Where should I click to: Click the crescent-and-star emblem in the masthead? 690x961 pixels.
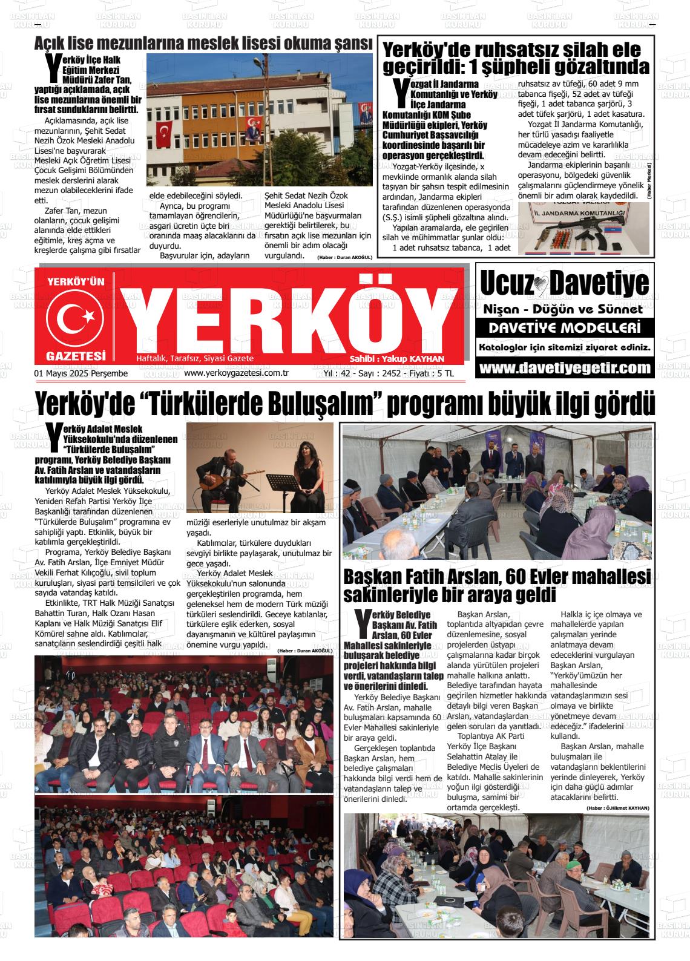tap(76, 317)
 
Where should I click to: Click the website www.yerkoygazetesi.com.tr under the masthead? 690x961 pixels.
tap(235, 373)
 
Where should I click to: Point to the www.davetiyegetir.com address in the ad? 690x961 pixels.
tap(565, 368)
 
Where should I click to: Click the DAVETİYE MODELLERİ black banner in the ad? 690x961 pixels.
tap(565, 329)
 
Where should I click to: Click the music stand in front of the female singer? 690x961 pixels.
tap(283, 482)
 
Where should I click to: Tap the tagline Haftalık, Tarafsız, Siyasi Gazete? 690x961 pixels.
tap(195, 359)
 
